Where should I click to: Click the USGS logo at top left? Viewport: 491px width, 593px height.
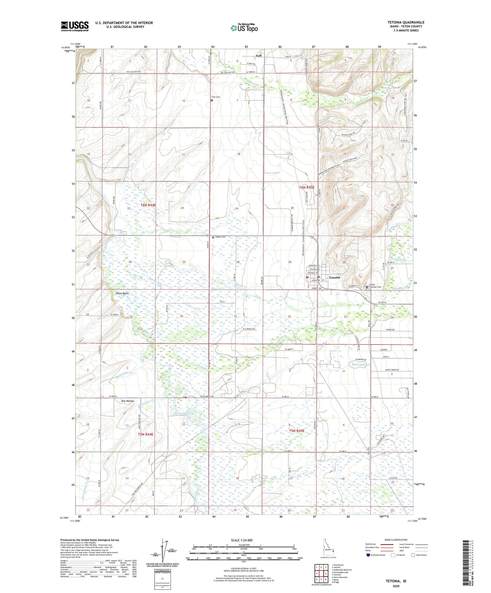click(75, 26)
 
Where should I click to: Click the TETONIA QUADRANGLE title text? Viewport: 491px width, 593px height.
click(406, 22)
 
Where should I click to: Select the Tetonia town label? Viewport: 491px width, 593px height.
click(334, 277)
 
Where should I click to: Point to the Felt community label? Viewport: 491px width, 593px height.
click(259, 56)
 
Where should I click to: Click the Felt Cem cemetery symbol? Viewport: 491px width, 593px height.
click(212, 100)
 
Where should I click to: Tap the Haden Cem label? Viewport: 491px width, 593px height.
click(220, 237)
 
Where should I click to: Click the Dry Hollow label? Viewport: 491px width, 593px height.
click(128, 401)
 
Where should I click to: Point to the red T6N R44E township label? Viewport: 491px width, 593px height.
click(148, 205)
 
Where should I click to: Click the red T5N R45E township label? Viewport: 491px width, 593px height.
click(297, 431)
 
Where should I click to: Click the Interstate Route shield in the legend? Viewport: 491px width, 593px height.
click(368, 555)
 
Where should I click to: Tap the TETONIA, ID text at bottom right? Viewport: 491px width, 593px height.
click(395, 581)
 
